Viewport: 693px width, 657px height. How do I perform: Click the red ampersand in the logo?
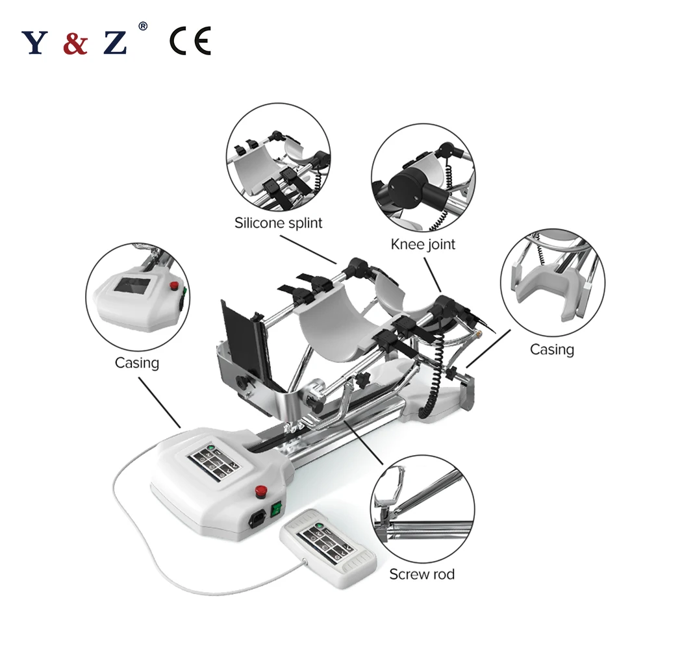pyautogui.click(x=75, y=43)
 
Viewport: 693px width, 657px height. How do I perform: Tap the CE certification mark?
pyautogui.click(x=190, y=42)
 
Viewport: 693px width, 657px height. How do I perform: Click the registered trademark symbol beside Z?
pyautogui.click(x=143, y=27)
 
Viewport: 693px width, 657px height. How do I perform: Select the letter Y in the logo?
pyautogui.click(x=35, y=43)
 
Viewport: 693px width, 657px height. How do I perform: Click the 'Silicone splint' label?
pyautogui.click(x=278, y=223)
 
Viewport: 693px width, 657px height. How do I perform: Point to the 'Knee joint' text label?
pyautogui.click(x=423, y=244)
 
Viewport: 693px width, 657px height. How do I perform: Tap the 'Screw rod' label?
pyautogui.click(x=422, y=574)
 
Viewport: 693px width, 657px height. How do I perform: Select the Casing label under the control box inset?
pyautogui.click(x=136, y=362)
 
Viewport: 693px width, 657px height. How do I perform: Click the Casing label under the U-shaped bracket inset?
pyautogui.click(x=551, y=349)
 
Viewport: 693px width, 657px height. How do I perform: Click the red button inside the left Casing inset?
pyautogui.click(x=173, y=286)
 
